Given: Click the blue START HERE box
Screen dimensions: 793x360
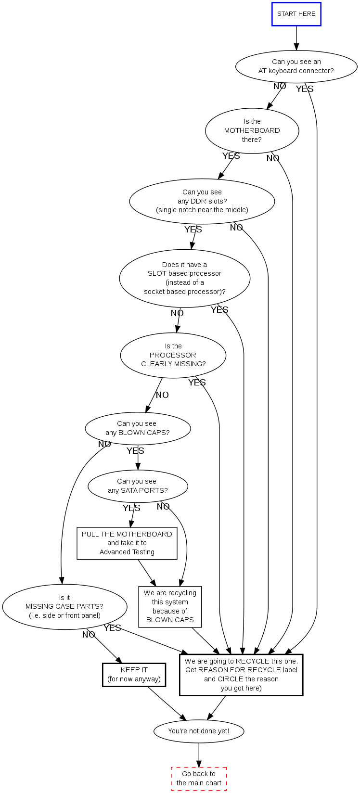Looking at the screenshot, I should (x=296, y=14).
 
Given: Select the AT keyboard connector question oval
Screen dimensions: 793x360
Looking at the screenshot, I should (x=296, y=66).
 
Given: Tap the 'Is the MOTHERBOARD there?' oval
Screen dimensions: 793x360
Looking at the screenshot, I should (x=252, y=130).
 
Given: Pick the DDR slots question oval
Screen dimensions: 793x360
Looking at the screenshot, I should (x=202, y=201).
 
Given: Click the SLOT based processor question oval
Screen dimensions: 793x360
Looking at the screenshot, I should (x=185, y=278).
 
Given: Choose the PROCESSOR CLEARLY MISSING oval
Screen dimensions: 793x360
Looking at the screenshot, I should (x=173, y=355).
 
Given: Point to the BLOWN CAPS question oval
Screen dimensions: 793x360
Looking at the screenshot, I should (x=138, y=428).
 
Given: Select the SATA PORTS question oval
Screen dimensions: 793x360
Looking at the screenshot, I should (x=138, y=486).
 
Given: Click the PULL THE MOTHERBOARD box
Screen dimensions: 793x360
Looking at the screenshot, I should (x=127, y=543).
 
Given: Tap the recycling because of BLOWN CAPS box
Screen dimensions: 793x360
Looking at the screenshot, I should (x=170, y=606).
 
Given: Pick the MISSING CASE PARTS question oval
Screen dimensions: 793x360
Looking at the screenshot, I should (x=64, y=607).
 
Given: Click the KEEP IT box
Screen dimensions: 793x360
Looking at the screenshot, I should (x=134, y=675).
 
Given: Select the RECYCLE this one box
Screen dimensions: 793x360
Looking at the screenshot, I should (x=241, y=675).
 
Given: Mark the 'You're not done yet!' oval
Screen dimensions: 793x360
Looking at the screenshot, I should (x=199, y=731).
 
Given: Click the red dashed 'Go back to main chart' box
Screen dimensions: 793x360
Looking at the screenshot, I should (x=199, y=779).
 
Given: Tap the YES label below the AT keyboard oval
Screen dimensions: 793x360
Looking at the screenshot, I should (x=305, y=89).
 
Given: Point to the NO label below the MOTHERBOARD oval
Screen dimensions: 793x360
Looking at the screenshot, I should (x=273, y=158).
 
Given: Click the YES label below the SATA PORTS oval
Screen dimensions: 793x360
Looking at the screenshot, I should (x=131, y=508).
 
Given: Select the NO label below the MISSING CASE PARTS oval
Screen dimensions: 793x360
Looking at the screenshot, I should (x=89, y=635).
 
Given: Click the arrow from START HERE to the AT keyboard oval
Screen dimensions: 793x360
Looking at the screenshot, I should (x=296, y=38).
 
